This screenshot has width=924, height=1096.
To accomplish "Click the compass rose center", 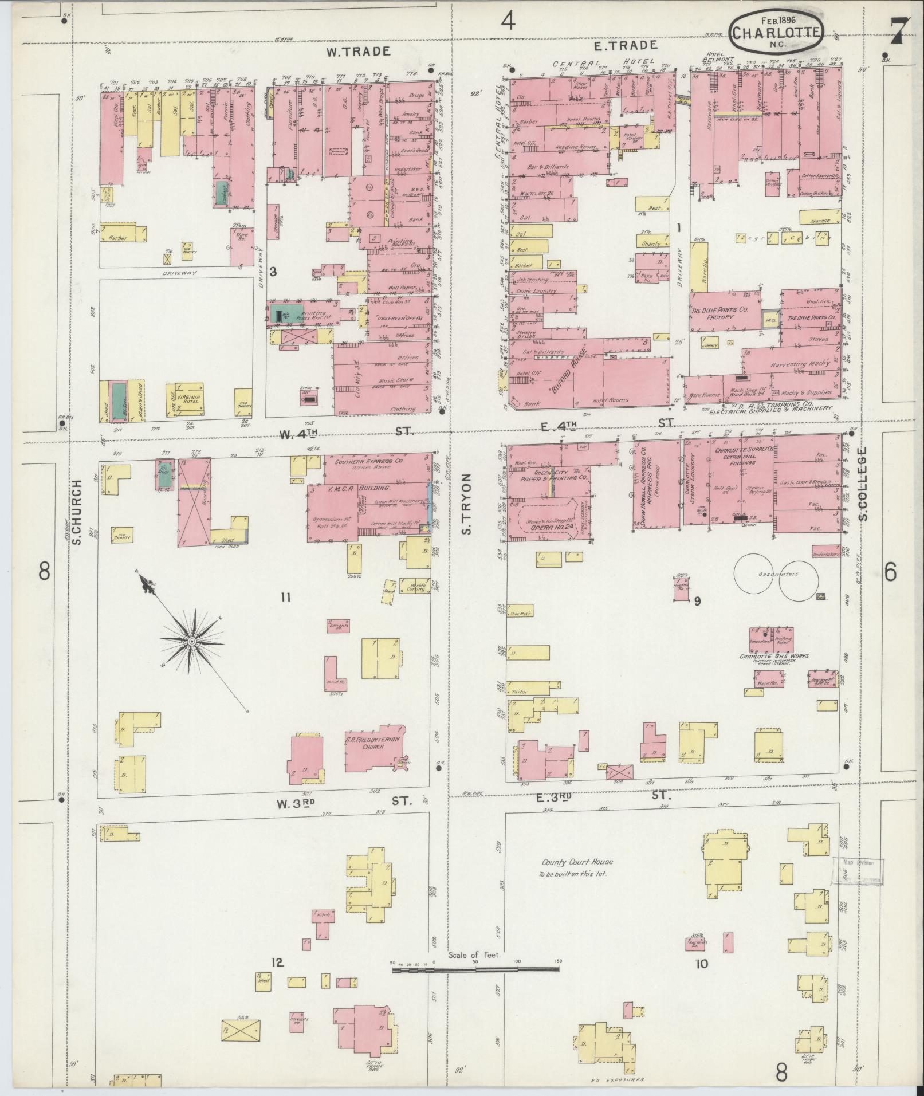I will tap(192, 640).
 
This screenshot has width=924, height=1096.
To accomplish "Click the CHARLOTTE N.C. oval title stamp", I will tap(777, 33).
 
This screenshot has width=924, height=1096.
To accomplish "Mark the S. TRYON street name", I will tap(467, 504).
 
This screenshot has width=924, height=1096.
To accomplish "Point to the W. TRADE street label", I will tap(359, 52).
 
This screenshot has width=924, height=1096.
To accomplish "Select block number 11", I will tap(286, 598).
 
